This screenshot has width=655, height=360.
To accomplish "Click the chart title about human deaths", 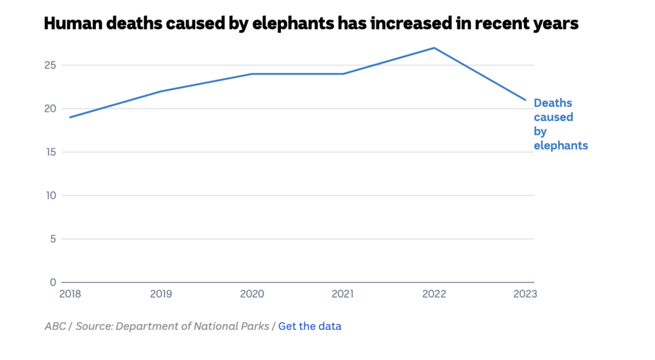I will click(x=311, y=24).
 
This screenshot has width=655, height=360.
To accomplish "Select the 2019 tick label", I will click(x=161, y=293).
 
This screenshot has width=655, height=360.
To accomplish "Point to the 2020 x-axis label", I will click(x=252, y=293).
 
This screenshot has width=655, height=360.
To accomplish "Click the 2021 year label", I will click(x=343, y=293).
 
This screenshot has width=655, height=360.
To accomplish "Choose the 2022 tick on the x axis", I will click(x=435, y=293).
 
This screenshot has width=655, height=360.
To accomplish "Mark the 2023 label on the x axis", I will click(x=525, y=293).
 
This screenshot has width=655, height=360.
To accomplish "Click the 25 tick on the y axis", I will click(x=51, y=65).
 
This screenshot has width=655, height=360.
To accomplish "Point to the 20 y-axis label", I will click(x=51, y=109).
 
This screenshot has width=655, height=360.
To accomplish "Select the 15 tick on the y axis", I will click(x=51, y=152).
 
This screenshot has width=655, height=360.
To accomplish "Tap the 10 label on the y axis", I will click(x=51, y=196).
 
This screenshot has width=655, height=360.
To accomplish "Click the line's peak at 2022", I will click(x=435, y=48).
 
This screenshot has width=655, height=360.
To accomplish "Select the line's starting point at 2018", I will click(x=70, y=118).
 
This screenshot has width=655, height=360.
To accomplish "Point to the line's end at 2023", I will click(x=526, y=100).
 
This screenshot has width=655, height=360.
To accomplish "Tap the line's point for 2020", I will click(x=252, y=74).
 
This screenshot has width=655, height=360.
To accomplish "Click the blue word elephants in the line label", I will click(x=561, y=146).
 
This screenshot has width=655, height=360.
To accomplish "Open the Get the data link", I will click(x=310, y=326).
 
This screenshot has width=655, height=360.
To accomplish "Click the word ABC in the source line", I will click(x=55, y=326).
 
